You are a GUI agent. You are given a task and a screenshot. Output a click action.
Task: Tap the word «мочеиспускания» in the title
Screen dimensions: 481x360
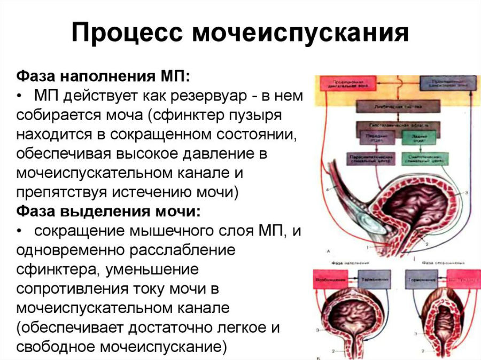pos(300,33)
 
